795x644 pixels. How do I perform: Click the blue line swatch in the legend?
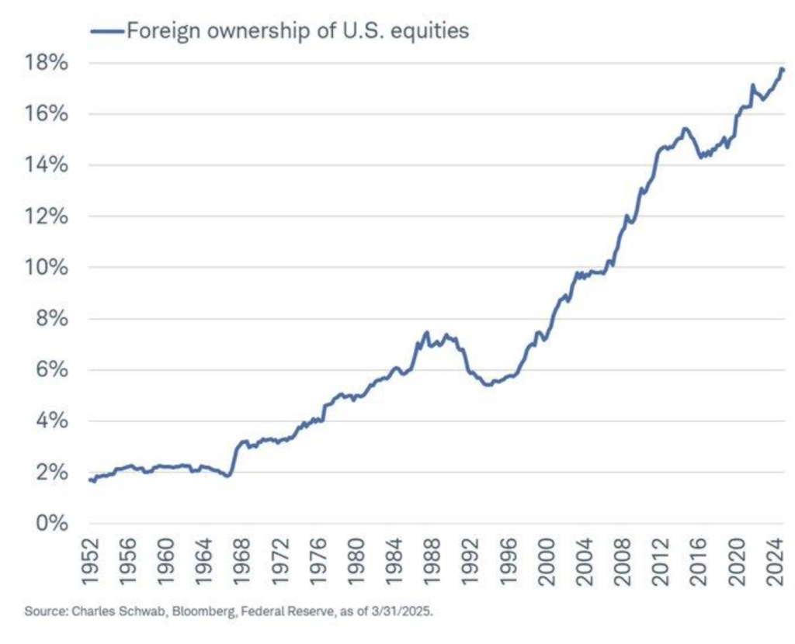[x=107, y=31]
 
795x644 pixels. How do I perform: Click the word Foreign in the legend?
[x=159, y=31]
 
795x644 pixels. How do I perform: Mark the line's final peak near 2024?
[x=781, y=69]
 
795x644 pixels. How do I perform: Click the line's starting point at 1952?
[x=90, y=480]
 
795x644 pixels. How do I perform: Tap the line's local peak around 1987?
[x=426, y=332]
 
